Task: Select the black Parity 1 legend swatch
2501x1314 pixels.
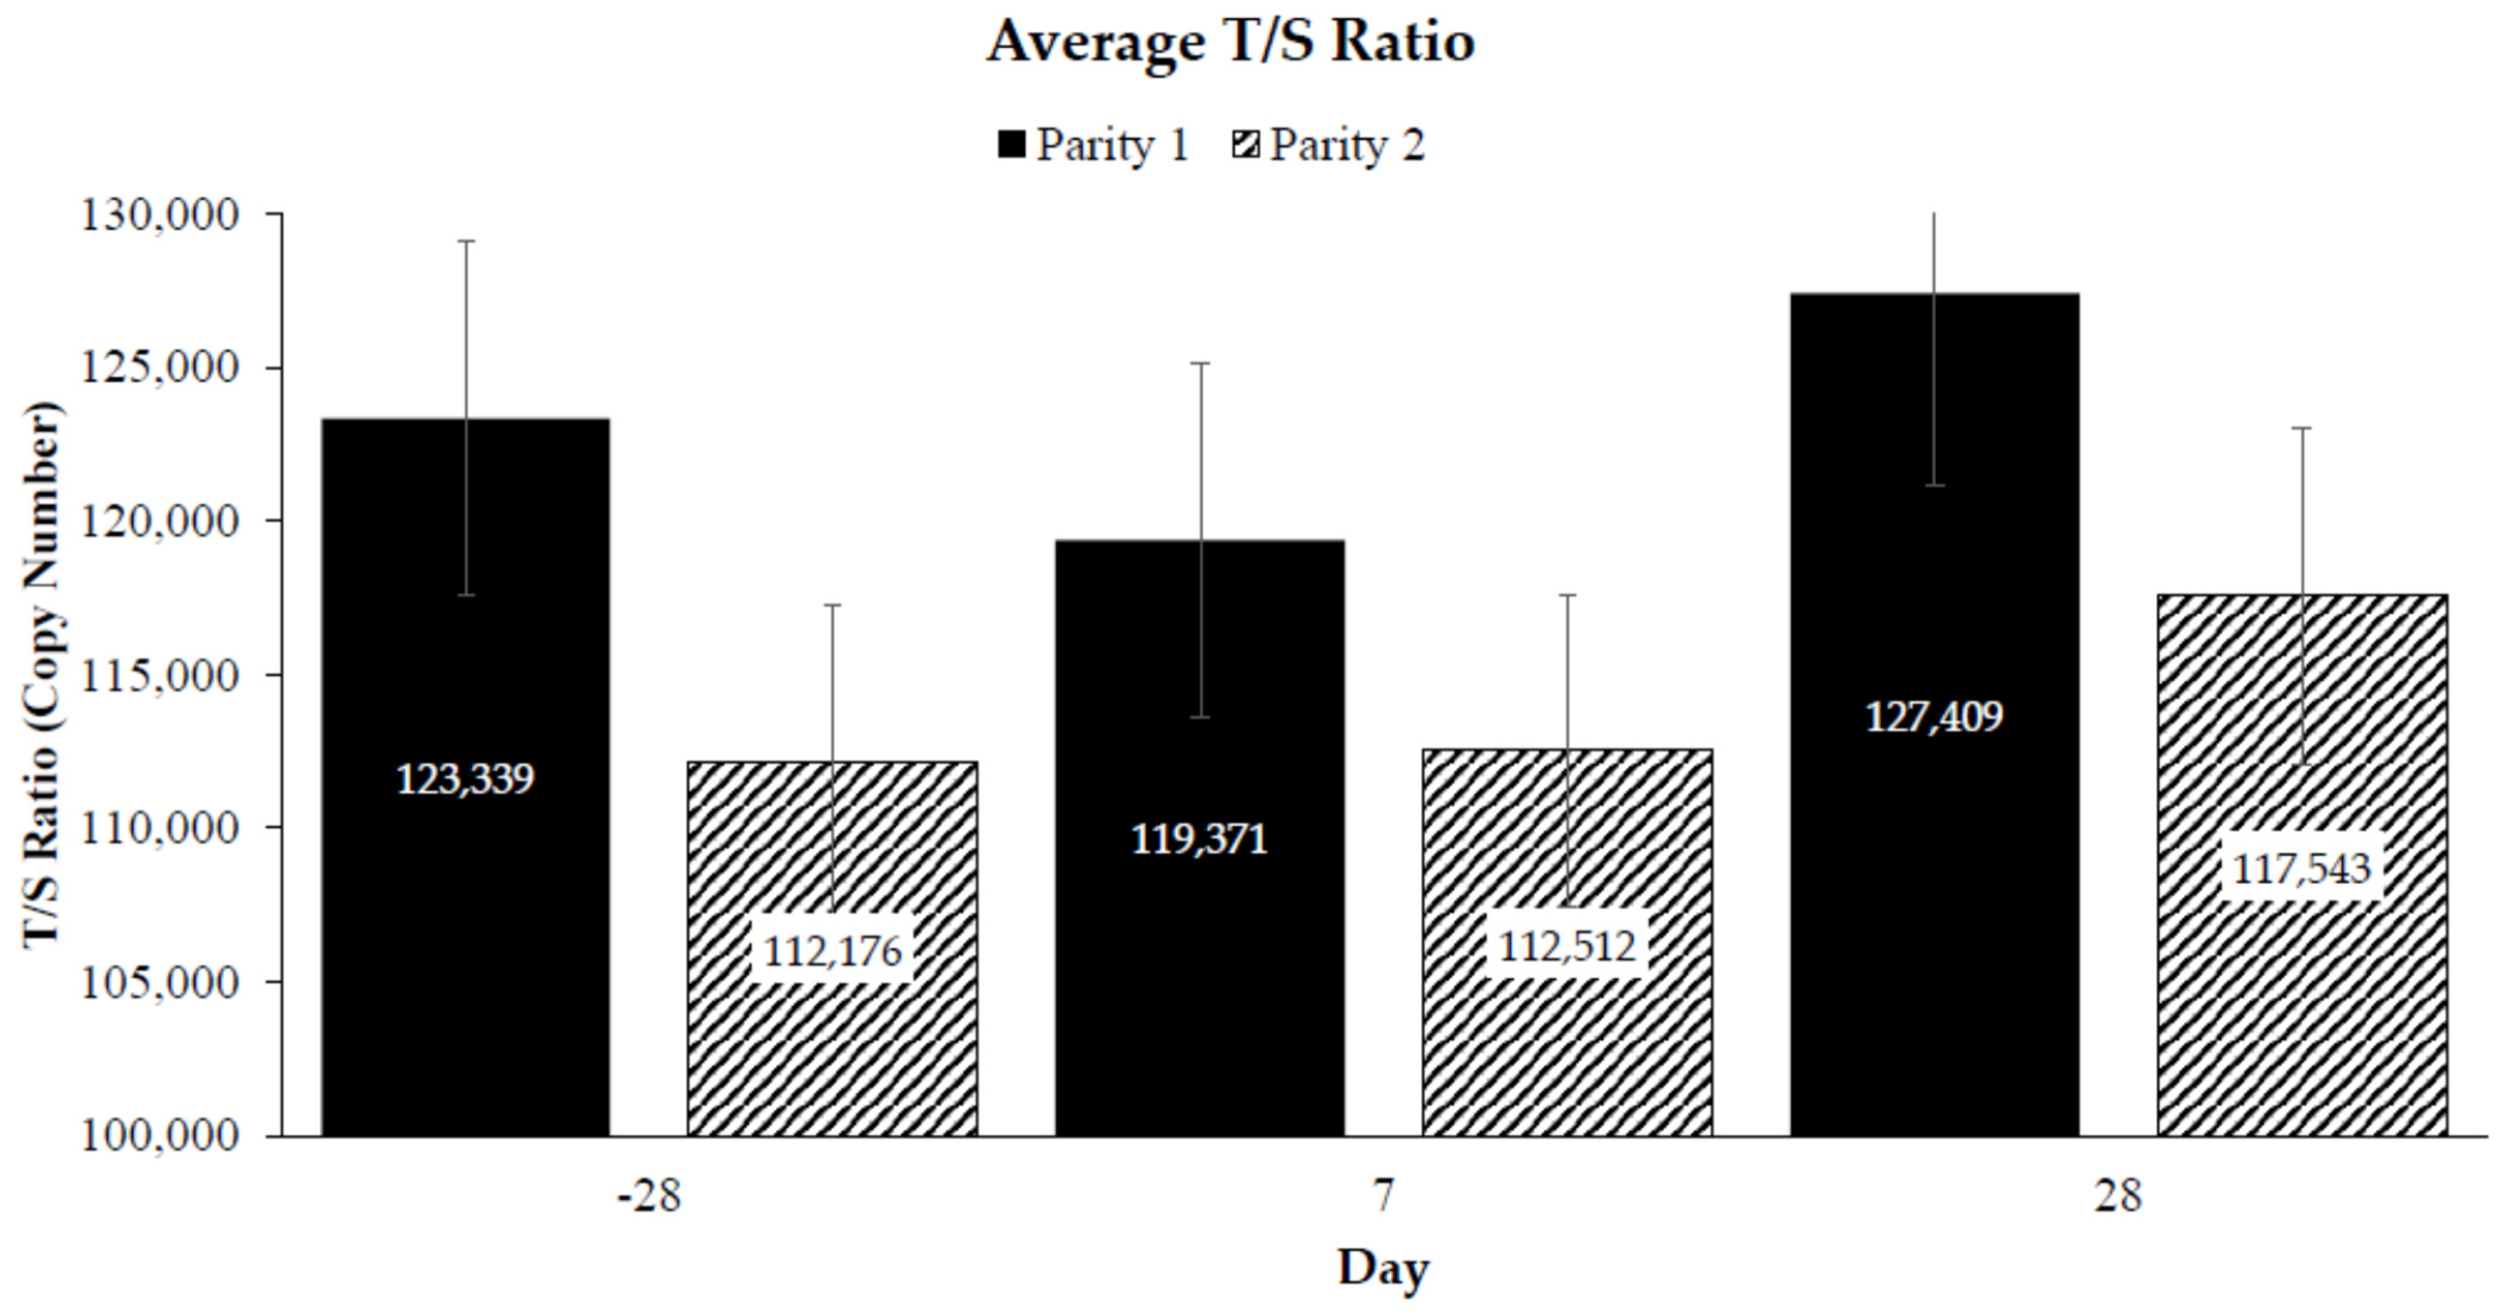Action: point(1011,145)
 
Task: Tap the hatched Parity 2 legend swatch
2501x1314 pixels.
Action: point(1245,145)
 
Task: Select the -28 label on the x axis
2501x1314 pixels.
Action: point(649,1195)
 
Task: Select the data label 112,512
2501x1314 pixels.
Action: point(1567,946)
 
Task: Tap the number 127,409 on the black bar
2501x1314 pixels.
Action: point(1934,717)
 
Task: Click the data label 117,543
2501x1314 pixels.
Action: point(2302,868)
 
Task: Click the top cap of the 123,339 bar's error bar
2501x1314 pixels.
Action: point(466,241)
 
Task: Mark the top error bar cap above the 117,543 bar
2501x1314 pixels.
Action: point(2302,428)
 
